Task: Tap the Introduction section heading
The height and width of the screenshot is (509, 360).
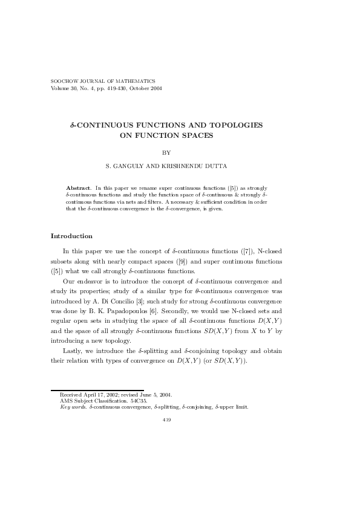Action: click(x=71, y=236)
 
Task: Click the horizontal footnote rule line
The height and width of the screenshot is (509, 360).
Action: click(x=97, y=390)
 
